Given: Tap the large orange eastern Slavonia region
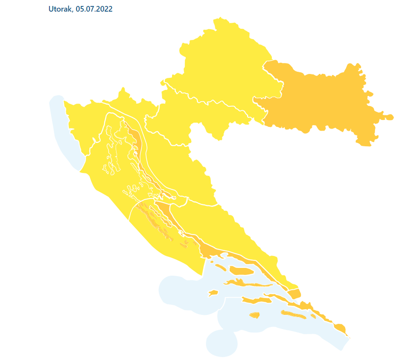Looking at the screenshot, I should coord(319,100).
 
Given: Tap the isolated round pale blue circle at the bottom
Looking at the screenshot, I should coord(222,342).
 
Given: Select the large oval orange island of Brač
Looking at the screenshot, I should coord(240,271).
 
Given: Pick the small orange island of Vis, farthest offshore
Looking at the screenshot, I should coord(213,293).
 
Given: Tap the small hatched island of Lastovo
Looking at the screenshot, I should coord(254,315).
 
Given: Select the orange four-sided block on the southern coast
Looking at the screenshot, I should coord(294,293).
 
